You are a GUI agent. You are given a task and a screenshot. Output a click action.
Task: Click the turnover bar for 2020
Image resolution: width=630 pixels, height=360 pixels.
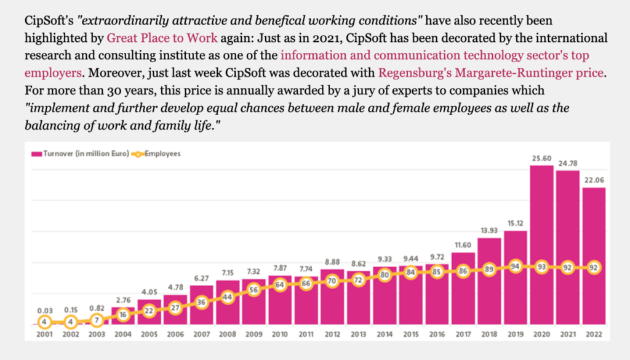542,246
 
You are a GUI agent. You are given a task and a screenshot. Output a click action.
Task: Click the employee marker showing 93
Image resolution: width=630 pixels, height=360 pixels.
542,268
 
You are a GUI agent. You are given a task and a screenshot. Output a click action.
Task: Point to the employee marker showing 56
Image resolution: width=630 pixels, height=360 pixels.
253,289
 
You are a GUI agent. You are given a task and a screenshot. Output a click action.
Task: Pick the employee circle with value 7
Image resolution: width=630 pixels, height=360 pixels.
95,319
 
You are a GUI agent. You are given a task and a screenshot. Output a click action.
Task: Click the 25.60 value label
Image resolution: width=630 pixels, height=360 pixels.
542,158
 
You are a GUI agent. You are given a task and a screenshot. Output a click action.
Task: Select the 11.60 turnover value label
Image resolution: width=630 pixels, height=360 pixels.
463,246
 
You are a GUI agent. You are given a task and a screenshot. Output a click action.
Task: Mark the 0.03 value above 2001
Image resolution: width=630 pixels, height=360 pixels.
43,310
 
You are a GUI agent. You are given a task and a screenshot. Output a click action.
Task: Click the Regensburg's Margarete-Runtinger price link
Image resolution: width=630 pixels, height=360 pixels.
490,73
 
